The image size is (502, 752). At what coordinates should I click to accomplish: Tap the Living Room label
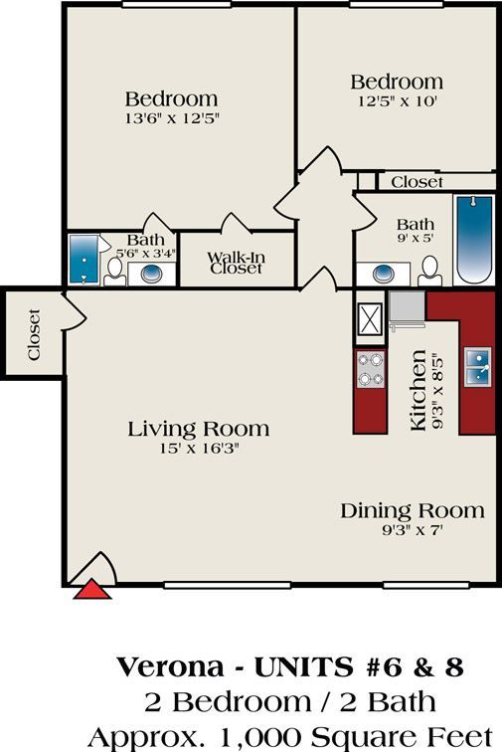pos(199,429)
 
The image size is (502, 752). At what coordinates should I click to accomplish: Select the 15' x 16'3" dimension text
pos(199,449)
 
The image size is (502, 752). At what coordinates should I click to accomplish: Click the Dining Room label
pos(413,510)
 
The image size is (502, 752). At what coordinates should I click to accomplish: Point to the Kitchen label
pos(419,389)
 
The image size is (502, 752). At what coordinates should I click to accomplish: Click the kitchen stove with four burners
pos(371,369)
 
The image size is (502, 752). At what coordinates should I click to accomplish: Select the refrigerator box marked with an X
pos(371,319)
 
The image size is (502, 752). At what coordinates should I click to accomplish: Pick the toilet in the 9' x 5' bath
pos(429,269)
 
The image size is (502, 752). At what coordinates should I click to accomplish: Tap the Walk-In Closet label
pos(235,263)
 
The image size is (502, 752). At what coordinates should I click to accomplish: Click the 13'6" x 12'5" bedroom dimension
pos(171,117)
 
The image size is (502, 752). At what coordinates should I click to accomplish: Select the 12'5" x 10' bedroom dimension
pos(397,99)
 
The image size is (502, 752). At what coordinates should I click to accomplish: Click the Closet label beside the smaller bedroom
pos(417,182)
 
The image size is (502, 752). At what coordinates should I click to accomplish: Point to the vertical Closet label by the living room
pos(34,336)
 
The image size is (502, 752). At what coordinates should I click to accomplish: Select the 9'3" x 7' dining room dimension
pos(412,530)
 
